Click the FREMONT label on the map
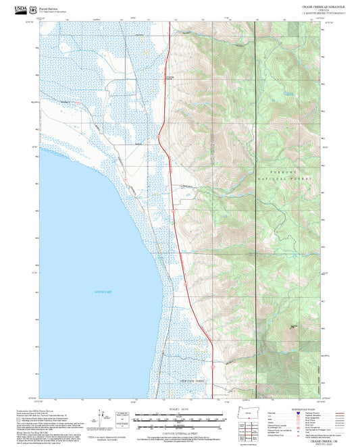(x=283, y=172)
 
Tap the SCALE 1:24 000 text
(x=180, y=408)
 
